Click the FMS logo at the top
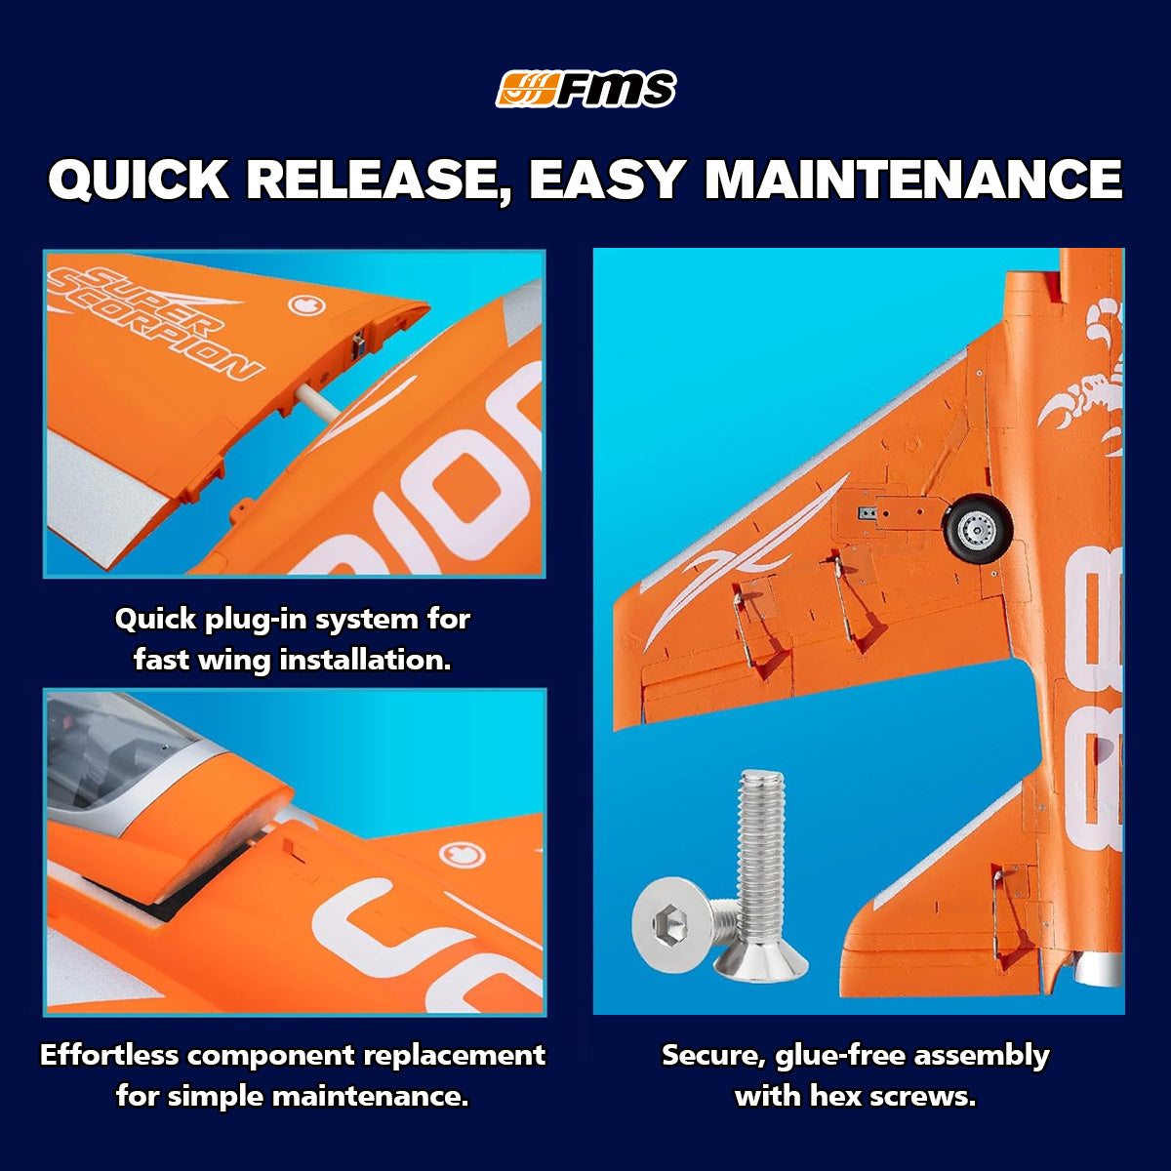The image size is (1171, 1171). click(x=585, y=89)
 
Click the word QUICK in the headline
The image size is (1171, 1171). click(x=139, y=180)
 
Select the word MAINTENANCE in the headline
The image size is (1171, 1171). click(x=913, y=180)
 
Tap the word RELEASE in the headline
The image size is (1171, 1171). click(x=378, y=181)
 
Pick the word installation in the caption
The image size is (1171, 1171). click(x=365, y=660)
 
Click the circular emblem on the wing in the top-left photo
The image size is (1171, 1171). click(x=306, y=304)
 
